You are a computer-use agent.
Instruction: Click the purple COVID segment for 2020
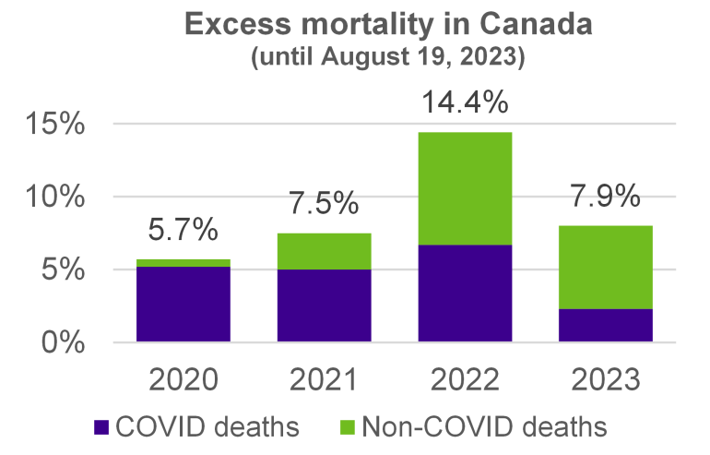click(183, 305)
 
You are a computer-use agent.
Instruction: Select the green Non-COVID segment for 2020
click(183, 263)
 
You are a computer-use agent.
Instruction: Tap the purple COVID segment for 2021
click(325, 305)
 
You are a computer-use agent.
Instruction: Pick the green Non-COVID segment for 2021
click(325, 251)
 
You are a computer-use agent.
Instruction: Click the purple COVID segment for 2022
click(467, 293)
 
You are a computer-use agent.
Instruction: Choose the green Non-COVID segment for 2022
click(467, 188)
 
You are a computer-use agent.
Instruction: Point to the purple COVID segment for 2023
click(609, 325)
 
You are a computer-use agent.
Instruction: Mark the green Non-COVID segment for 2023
click(609, 267)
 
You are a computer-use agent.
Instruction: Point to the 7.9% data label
click(609, 197)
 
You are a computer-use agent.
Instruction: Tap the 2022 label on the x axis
click(467, 380)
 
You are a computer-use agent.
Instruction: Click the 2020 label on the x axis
click(183, 380)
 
